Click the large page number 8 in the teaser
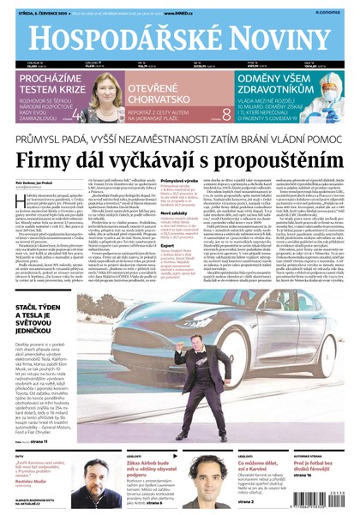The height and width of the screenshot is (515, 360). coord(226,114)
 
